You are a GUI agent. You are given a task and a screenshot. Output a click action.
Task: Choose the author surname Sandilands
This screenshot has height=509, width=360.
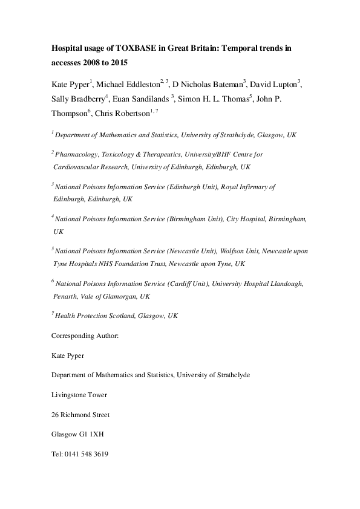[148, 99]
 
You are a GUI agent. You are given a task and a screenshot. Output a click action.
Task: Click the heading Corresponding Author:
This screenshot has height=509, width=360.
[85, 334]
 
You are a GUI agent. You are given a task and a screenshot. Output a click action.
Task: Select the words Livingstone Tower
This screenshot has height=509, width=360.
[79, 395]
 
